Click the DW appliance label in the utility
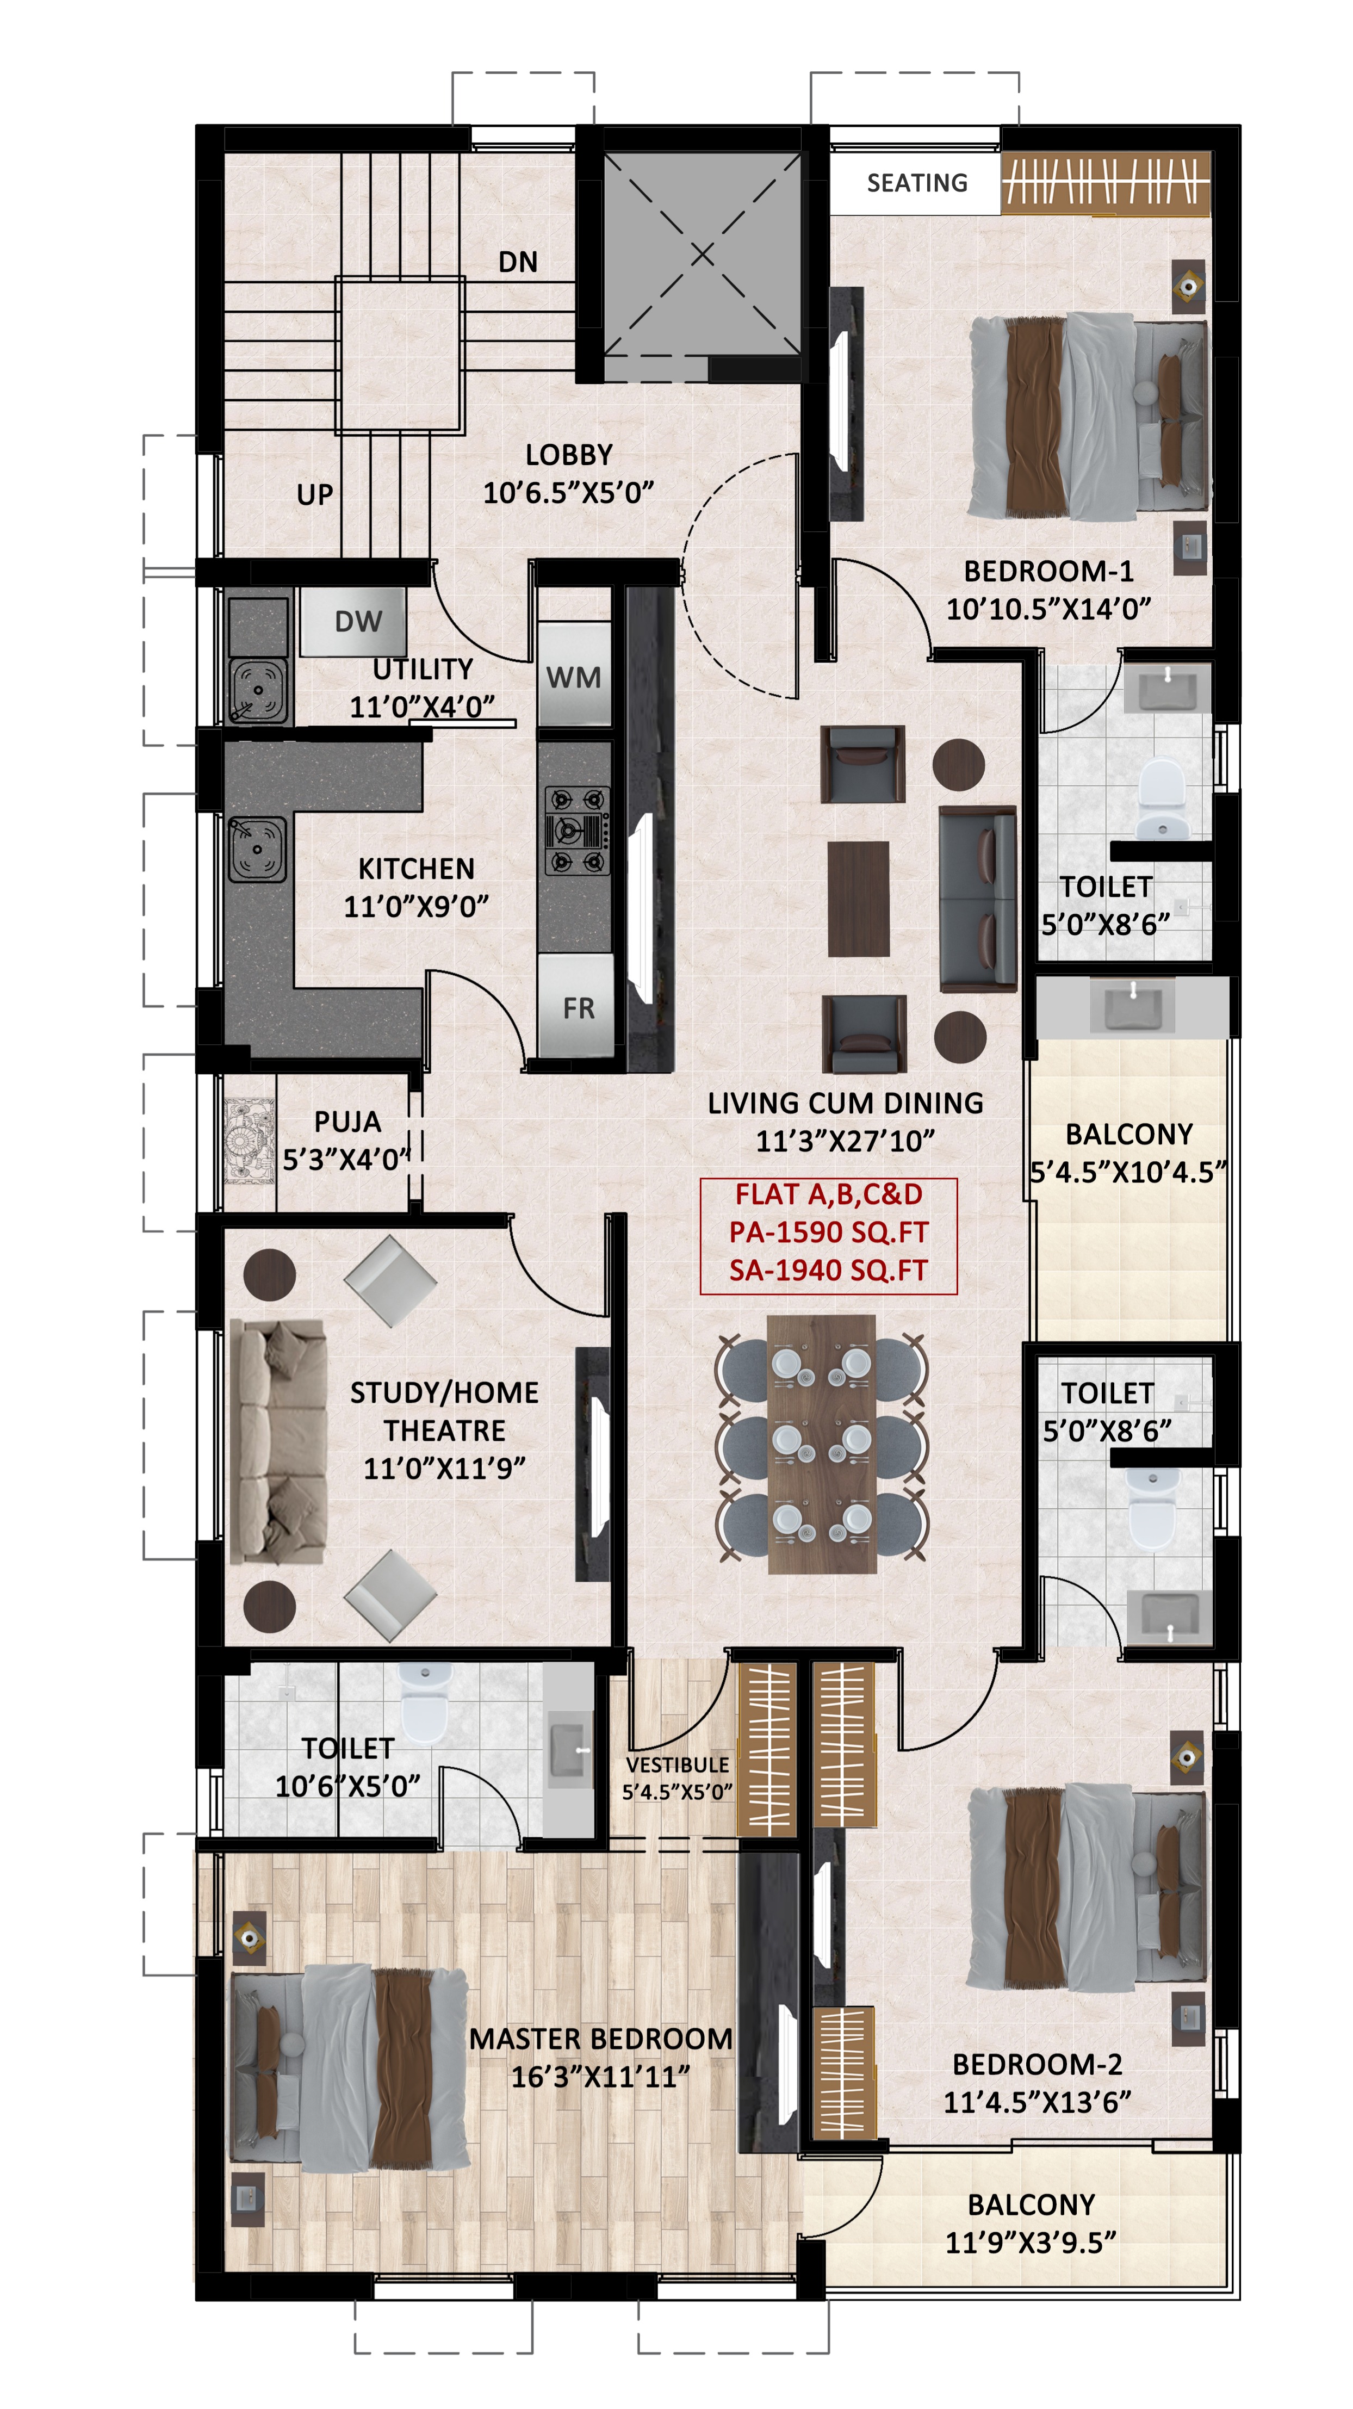tap(358, 621)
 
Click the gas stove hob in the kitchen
tap(577, 829)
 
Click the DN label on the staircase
tap(518, 262)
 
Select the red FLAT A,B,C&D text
tap(828, 1194)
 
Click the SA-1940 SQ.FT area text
tap(828, 1270)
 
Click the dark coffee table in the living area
tap(858, 899)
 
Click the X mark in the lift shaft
tap(702, 253)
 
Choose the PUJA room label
tap(347, 1121)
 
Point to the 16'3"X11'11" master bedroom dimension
tap(600, 2077)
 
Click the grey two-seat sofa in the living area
tap(977, 898)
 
